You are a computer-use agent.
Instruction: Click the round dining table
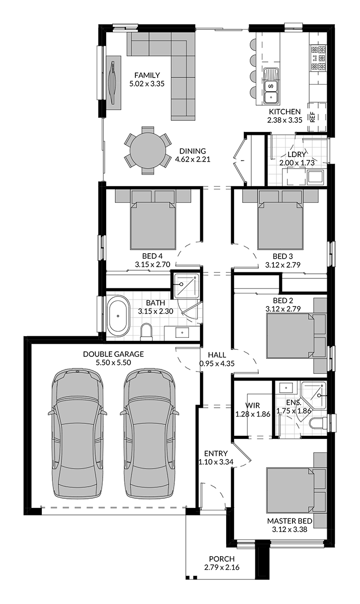point(148,150)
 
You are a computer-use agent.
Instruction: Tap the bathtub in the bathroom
point(118,316)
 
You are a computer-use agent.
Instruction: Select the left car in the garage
point(78,433)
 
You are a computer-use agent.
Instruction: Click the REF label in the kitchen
point(313,117)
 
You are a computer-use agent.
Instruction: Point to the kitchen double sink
point(271,86)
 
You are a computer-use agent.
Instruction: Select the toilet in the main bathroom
point(147,331)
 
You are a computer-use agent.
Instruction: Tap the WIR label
point(252,405)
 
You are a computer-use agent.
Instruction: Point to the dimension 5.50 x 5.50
point(113,362)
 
